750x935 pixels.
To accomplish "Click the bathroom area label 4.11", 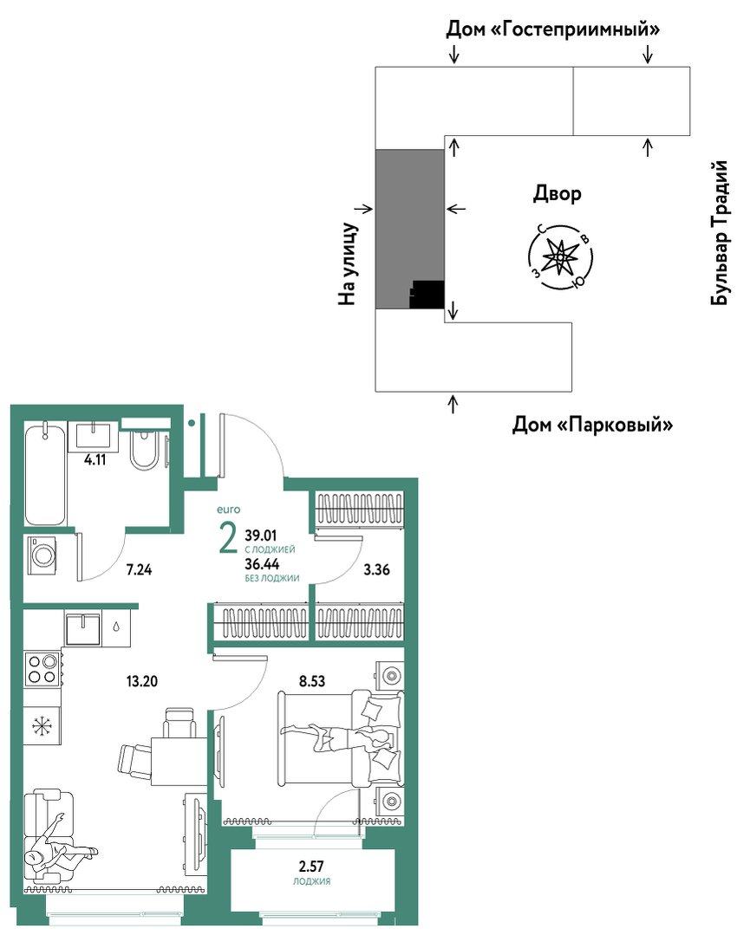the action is pos(95,460).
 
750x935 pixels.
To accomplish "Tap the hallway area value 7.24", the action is pos(139,569).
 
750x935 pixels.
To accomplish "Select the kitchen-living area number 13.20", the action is pos(142,681).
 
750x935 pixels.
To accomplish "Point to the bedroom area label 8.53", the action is pos(312,681).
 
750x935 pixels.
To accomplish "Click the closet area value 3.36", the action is pos(377,569).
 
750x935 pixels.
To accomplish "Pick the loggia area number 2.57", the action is pos(311,866).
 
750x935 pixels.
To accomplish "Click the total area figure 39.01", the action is pos(261,536).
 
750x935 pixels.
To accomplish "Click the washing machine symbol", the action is pos(42,555).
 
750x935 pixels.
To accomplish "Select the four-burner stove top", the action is pos(43,668).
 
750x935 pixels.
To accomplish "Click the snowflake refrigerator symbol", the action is pos(42,726).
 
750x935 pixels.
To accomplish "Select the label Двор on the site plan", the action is pos(558,194).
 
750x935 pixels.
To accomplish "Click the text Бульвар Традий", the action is pos(721,232).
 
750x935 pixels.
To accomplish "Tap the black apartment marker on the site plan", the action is pos(427,295).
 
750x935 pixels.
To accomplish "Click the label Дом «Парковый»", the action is pos(592,425).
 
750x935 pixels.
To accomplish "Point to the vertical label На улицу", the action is pos(348,264).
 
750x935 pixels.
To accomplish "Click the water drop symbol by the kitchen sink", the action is pos(116,627).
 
